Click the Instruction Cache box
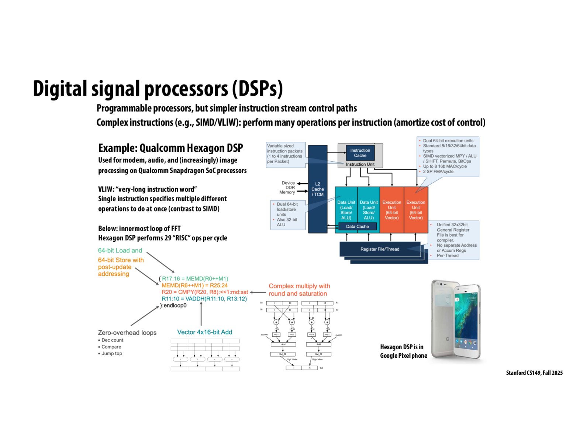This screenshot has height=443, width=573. pyautogui.click(x=360, y=153)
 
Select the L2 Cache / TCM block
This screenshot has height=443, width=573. pyautogui.click(x=317, y=189)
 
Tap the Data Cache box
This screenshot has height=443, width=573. pyautogui.click(x=357, y=226)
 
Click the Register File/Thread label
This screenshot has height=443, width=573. pyautogui.click(x=380, y=249)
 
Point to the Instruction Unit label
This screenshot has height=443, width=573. pyautogui.click(x=360, y=164)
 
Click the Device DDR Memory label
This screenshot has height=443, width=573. pyautogui.click(x=288, y=188)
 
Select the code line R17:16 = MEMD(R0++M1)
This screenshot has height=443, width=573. pyautogui.click(x=195, y=279)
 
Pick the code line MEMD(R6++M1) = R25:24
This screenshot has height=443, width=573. pyautogui.click(x=194, y=285)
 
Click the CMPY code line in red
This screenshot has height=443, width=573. pyautogui.click(x=205, y=292)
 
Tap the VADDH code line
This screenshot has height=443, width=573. pyautogui.click(x=204, y=299)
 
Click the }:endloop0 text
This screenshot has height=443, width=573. pyautogui.click(x=173, y=306)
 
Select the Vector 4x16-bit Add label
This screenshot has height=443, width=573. pyautogui.click(x=205, y=332)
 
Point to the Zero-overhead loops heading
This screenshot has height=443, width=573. pyautogui.click(x=127, y=333)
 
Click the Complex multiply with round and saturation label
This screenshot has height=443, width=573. pyautogui.click(x=299, y=290)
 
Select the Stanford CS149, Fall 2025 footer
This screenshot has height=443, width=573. pyautogui.click(x=534, y=373)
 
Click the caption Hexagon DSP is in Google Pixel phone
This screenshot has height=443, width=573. pyautogui.click(x=403, y=351)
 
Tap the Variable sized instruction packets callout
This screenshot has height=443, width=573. pyautogui.click(x=285, y=154)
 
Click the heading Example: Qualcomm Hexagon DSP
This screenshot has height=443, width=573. pyautogui.click(x=170, y=148)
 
